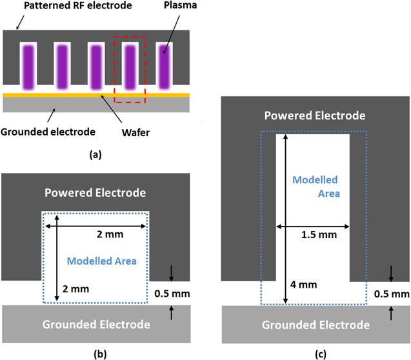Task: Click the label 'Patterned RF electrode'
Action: tap(70, 7)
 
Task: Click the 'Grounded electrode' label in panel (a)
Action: tap(48, 132)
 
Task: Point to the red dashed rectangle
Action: tap(130, 69)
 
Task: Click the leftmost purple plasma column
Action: tap(29, 65)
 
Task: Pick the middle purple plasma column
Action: tap(96, 65)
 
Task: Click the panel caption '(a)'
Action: tap(95, 155)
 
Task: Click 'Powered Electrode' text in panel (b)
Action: tap(95, 192)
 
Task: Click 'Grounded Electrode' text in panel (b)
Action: tap(95, 323)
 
